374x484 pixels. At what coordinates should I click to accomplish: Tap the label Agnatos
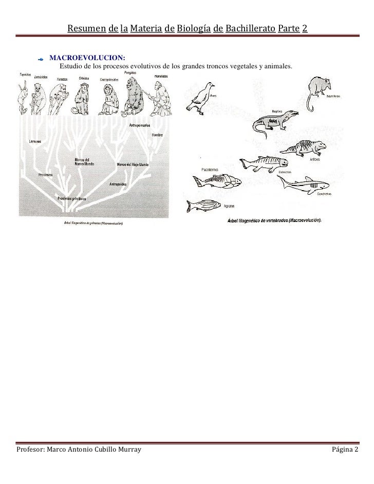pyautogui.click(x=230, y=206)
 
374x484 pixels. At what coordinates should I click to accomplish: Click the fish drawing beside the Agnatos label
pyautogui.click(x=202, y=205)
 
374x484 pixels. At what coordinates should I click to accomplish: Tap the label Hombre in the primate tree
pyautogui.click(x=158, y=135)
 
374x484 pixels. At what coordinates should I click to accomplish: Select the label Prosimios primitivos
pyautogui.click(x=71, y=198)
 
